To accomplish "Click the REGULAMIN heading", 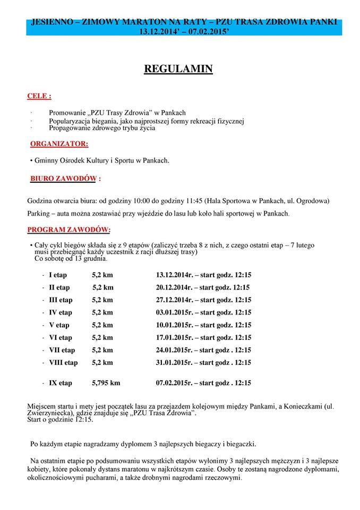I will [x=178, y=70].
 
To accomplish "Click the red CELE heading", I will [x=39, y=97].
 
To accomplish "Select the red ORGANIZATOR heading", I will [x=59, y=143].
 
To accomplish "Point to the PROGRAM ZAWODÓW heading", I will [x=68, y=229].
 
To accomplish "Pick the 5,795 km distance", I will [x=106, y=382].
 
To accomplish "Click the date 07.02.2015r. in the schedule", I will [x=174, y=382].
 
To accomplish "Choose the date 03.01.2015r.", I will [x=174, y=312].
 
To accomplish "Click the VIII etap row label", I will [x=63, y=363].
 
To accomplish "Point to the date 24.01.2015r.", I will [x=174, y=350].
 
